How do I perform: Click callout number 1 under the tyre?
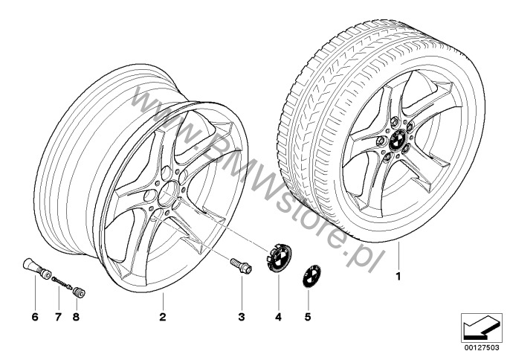[398, 277]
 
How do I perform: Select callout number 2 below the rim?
[163, 317]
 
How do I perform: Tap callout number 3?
[242, 317]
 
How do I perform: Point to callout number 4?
[278, 317]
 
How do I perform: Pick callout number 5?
[308, 317]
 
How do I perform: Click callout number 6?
[35, 317]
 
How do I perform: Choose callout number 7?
[58, 317]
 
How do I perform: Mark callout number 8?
[76, 317]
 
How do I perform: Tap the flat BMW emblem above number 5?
[312, 276]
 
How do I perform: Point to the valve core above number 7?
[62, 282]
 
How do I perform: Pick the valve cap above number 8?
[79, 292]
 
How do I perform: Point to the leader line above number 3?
[242, 292]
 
